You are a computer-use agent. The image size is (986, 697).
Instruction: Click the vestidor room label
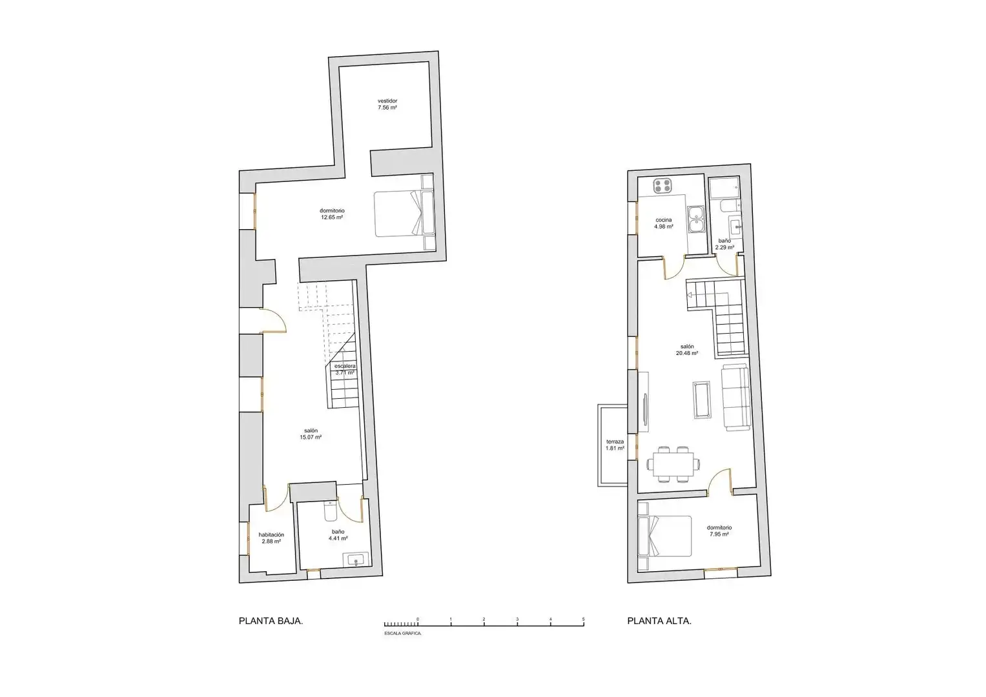click(387, 101)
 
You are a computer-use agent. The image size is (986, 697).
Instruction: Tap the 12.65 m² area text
click(332, 217)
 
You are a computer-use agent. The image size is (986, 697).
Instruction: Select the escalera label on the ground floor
click(345, 366)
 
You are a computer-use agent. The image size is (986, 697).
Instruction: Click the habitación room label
click(271, 534)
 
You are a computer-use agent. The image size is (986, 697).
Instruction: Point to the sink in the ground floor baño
click(356, 560)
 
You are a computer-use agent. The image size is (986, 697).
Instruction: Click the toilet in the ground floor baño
click(330, 510)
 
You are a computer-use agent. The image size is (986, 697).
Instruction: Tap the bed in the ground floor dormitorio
click(404, 214)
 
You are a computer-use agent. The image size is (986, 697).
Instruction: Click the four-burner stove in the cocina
click(662, 185)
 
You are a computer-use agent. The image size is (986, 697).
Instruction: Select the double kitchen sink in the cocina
click(696, 219)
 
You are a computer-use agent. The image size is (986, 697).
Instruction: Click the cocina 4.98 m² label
click(663, 223)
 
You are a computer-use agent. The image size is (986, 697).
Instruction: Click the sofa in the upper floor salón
click(735, 398)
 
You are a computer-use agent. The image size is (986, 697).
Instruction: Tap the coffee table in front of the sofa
click(702, 399)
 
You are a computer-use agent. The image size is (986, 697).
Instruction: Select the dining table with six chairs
click(673, 464)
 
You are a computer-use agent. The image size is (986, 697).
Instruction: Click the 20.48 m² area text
click(687, 353)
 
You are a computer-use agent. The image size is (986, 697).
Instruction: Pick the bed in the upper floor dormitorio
click(664, 536)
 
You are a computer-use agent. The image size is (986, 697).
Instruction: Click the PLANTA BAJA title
click(271, 621)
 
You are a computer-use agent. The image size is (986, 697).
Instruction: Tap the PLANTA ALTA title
click(659, 621)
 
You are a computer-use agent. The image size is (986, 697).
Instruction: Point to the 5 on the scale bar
click(583, 619)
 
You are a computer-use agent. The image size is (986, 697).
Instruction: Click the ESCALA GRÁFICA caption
click(403, 633)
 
